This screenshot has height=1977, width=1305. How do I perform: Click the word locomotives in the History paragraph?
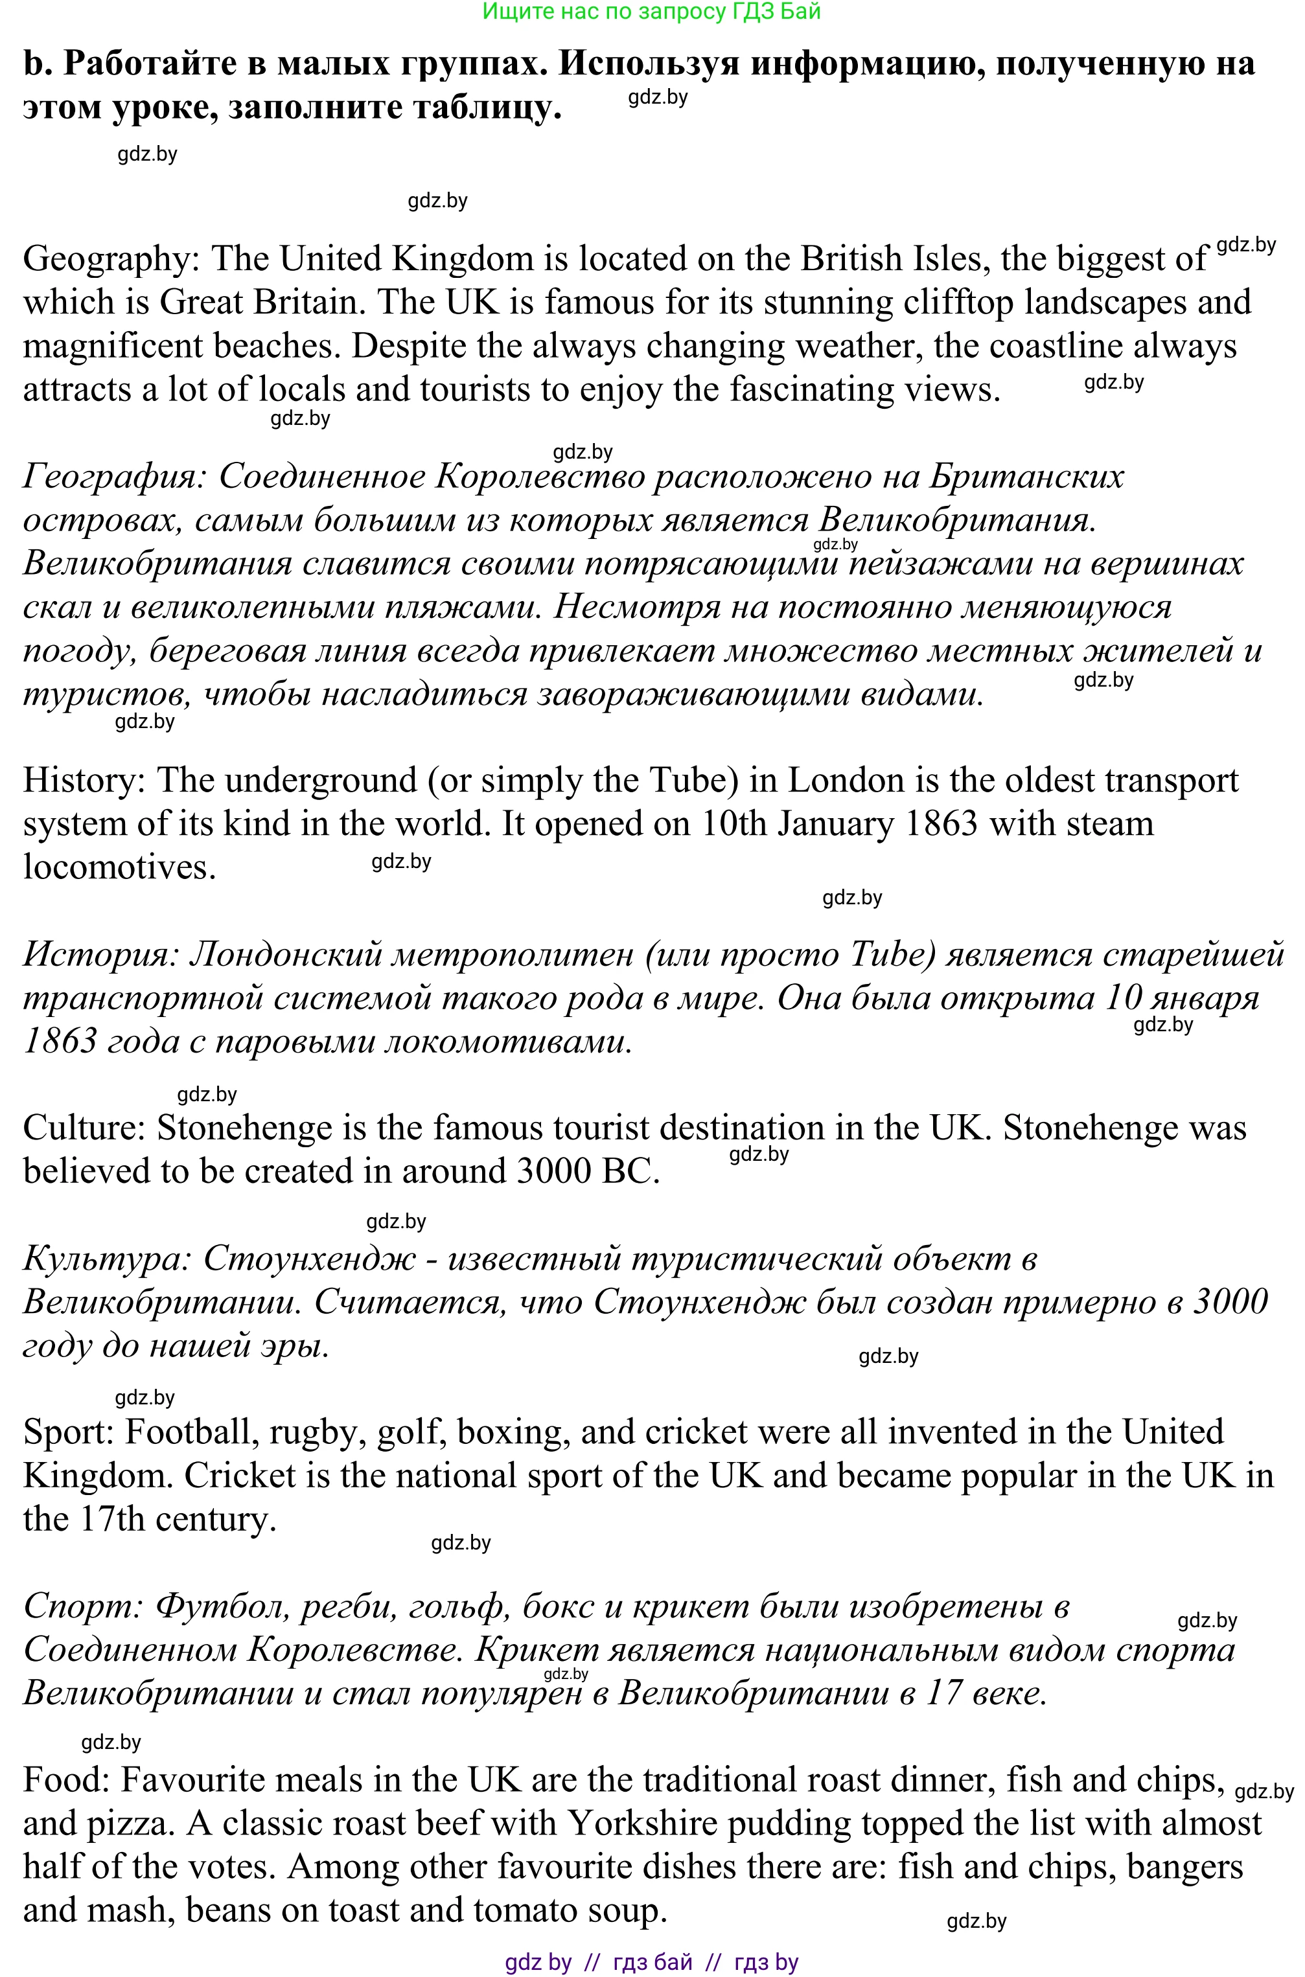point(119,867)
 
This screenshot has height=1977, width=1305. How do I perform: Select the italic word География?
point(115,477)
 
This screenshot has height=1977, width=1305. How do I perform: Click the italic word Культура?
point(106,1258)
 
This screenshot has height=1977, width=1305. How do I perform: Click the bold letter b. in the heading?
point(37,63)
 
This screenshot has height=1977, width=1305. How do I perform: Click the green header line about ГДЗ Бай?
point(652,11)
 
